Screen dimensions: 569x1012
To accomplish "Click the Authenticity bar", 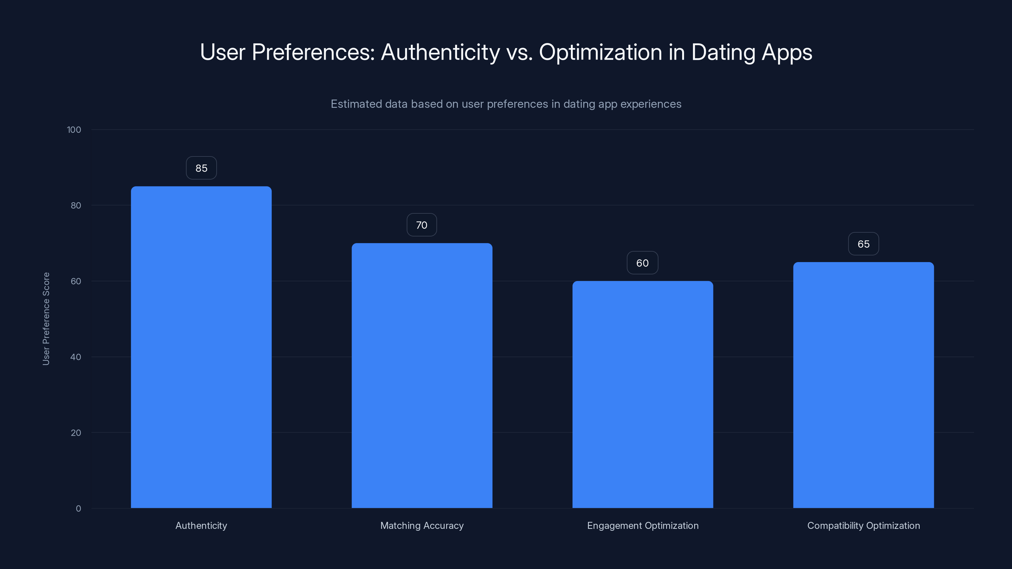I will pyautogui.click(x=201, y=347).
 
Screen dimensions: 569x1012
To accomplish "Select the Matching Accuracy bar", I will pyautogui.click(x=422, y=376).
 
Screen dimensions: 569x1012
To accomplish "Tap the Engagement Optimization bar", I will pyautogui.click(x=643, y=394).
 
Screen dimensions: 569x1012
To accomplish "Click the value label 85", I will pyautogui.click(x=201, y=168).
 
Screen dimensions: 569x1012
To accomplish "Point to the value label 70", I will pyautogui.click(x=422, y=225).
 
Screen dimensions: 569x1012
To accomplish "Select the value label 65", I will pyautogui.click(x=863, y=244).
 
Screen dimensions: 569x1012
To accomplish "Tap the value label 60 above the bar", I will pyautogui.click(x=642, y=263).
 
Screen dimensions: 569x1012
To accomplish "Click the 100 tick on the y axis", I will pyautogui.click(x=74, y=130).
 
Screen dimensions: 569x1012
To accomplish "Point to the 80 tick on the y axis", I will pyautogui.click(x=76, y=205).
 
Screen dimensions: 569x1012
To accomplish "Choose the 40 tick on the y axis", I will pyautogui.click(x=76, y=357).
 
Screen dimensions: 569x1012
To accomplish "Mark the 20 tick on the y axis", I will pyautogui.click(x=76, y=433).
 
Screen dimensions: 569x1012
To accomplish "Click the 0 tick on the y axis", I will pyautogui.click(x=78, y=509).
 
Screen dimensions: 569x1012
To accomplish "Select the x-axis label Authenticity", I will pyautogui.click(x=201, y=525).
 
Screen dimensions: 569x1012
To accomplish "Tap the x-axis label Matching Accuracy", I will pyautogui.click(x=422, y=525).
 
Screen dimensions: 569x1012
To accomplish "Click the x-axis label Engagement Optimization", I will pyautogui.click(x=643, y=525).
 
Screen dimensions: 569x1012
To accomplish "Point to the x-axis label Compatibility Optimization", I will pyautogui.click(x=863, y=525).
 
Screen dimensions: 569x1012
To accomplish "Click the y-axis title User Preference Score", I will pyautogui.click(x=46, y=318).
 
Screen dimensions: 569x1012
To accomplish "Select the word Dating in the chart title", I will pyautogui.click(x=723, y=52).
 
